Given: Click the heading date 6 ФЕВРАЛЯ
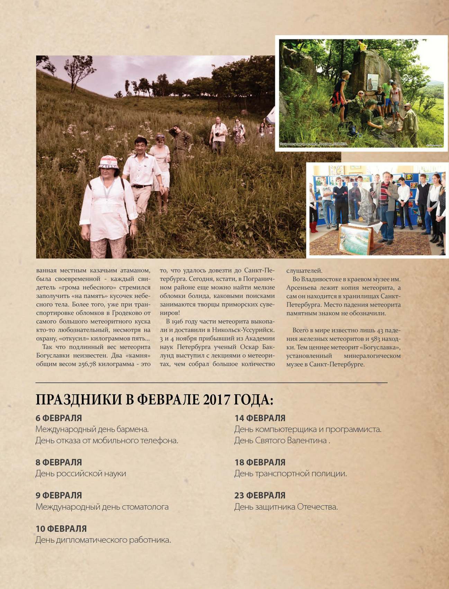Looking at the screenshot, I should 59,418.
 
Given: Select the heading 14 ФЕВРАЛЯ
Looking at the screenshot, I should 260,418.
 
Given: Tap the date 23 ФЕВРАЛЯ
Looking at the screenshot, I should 260,495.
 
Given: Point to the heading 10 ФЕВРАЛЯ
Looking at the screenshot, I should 61,529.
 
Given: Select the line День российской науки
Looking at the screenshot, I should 81,474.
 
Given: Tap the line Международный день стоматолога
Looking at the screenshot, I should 102,507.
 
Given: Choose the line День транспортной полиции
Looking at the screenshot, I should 290,474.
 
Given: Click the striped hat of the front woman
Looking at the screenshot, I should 109,161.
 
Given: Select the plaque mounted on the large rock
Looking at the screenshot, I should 372,82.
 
